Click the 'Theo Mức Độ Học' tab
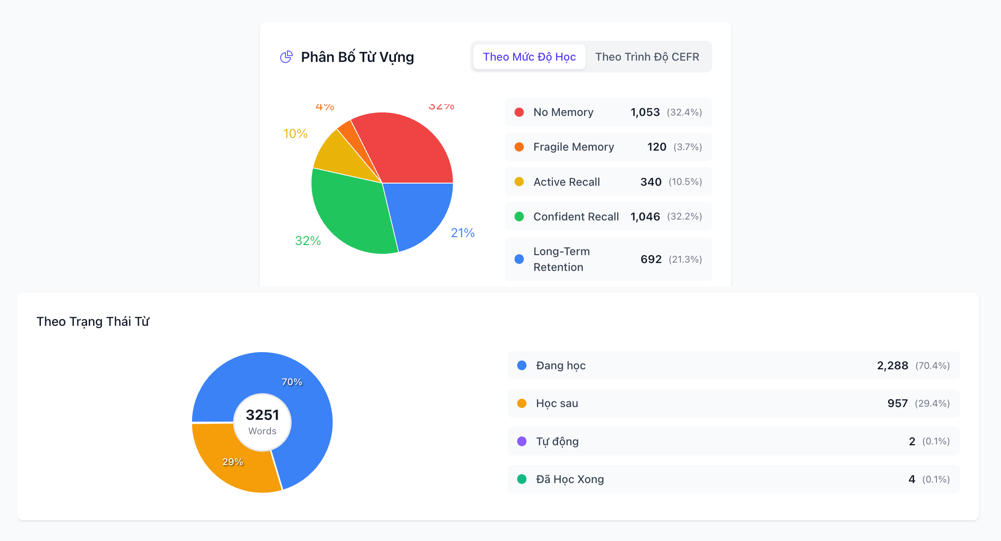[x=529, y=57]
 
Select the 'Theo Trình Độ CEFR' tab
[x=647, y=57]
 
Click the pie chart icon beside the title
[x=287, y=57]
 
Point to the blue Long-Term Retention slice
[x=417, y=211]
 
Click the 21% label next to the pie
[x=463, y=233]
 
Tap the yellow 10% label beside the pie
[x=295, y=133]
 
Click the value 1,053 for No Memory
[x=645, y=112]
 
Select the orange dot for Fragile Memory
[x=519, y=147]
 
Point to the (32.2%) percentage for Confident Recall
[x=684, y=216]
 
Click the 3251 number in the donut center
[x=262, y=415]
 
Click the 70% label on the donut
[x=292, y=382]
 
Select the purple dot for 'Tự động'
[x=522, y=441]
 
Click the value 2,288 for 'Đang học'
[x=892, y=366]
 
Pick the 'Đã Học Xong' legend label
[x=570, y=480]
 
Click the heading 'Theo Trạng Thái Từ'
[x=93, y=321]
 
